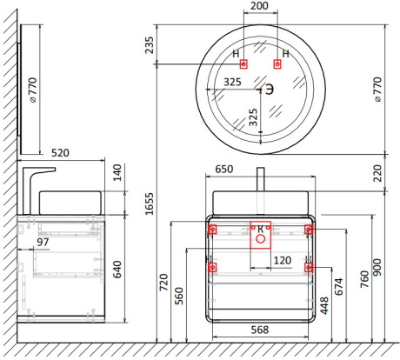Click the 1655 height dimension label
(150, 203)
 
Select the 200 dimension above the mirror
(259, 6)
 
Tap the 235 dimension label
(150, 45)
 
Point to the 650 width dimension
(224, 169)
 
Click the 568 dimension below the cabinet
(260, 330)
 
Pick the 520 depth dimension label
(60, 153)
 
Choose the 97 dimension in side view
(43, 242)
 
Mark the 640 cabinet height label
(117, 270)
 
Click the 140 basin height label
(117, 172)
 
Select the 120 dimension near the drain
(283, 260)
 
